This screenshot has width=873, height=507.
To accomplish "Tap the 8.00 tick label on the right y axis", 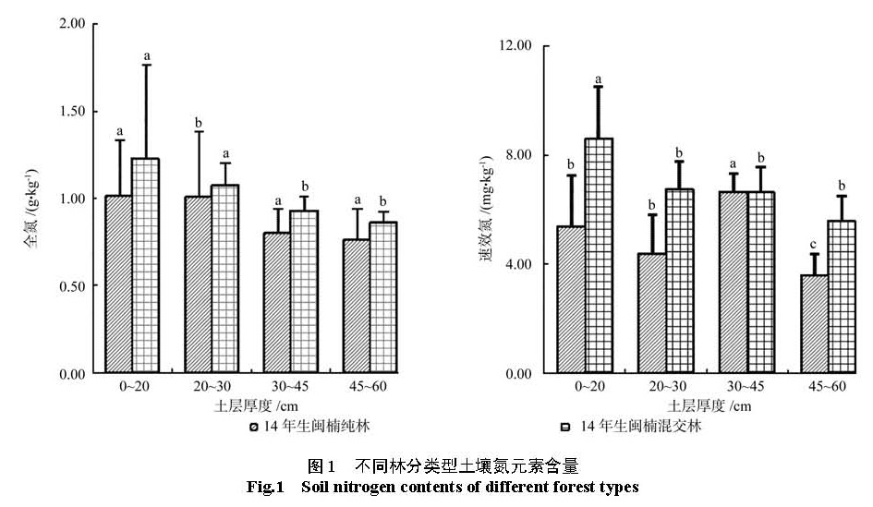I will pyautogui.click(x=517, y=155).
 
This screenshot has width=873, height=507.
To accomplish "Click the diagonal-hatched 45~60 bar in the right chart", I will pyautogui.click(x=814, y=324).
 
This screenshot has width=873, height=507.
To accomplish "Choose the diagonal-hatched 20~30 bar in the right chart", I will pyautogui.click(x=651, y=313).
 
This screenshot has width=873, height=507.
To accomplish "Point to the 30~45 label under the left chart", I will pyautogui.click(x=290, y=387).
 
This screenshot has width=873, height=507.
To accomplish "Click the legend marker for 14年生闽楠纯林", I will pyautogui.click(x=253, y=427).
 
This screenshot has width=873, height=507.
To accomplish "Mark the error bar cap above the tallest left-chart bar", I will pyautogui.click(x=146, y=65).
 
